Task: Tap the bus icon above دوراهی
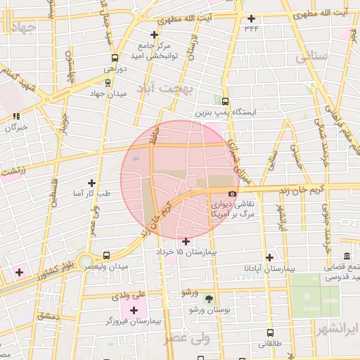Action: coord(115,58)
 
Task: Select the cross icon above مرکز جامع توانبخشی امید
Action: coord(155,34)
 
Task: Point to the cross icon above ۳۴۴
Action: coord(252,18)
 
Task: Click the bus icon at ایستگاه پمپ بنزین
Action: coord(225,101)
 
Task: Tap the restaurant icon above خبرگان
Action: coord(16,117)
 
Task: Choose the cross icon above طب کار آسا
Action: coord(91,182)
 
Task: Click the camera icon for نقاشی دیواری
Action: coord(232,193)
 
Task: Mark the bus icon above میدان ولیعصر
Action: coord(106,256)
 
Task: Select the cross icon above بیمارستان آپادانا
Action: coord(268,257)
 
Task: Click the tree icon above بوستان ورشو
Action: coord(208,299)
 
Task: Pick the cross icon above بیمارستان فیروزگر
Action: coord(134,310)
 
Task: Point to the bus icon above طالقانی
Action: coord(270,333)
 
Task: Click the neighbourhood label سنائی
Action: coord(313,58)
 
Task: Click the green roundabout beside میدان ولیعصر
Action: coord(85,261)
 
